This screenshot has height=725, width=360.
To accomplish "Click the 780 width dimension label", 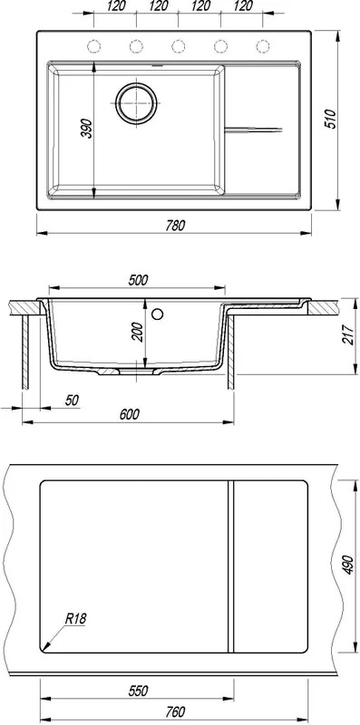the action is tap(176, 225).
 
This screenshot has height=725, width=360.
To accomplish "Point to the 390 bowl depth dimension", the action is tap(87, 128).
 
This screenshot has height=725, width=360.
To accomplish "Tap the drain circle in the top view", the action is tap(137, 103).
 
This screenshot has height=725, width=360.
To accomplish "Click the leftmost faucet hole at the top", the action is tap(94, 46).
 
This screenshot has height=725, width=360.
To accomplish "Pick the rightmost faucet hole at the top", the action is tap(263, 46).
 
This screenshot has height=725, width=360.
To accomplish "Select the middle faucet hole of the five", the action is tap(178, 46).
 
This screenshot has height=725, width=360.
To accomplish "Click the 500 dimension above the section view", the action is tap(139, 280).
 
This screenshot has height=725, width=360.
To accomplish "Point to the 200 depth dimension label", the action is tap(138, 332).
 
